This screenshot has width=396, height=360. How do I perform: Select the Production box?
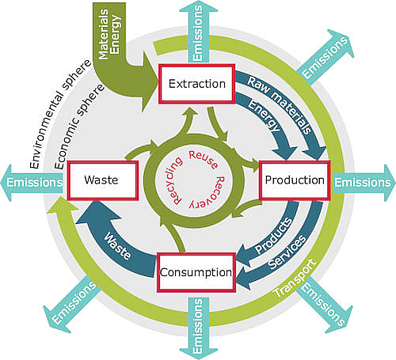[x=294, y=180]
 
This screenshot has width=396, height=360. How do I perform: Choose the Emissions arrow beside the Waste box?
[x=33, y=181]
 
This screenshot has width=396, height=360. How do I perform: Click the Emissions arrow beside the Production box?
[x=363, y=181]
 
